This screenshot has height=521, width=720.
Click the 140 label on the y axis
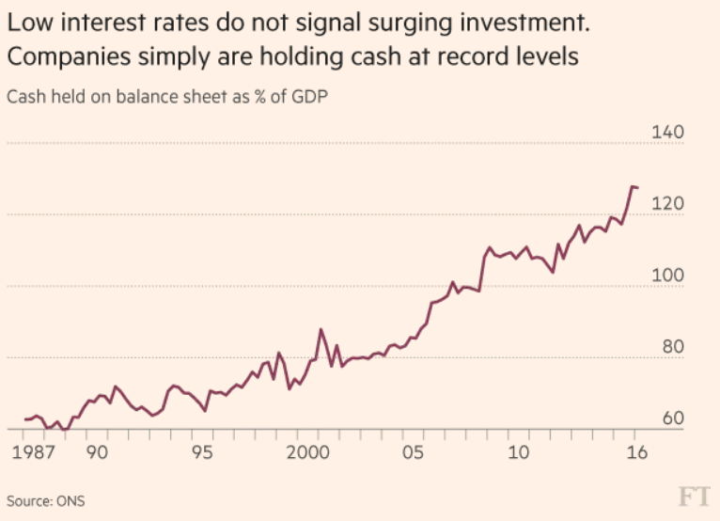[x=668, y=133]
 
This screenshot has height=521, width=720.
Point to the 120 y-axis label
[x=668, y=204]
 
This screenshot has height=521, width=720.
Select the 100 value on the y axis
[x=668, y=276]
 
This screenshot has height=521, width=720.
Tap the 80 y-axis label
[x=673, y=347]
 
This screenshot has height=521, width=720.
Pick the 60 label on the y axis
[x=673, y=418]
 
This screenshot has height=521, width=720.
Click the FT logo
[x=695, y=497]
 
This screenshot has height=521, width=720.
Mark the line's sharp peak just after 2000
[x=321, y=329]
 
